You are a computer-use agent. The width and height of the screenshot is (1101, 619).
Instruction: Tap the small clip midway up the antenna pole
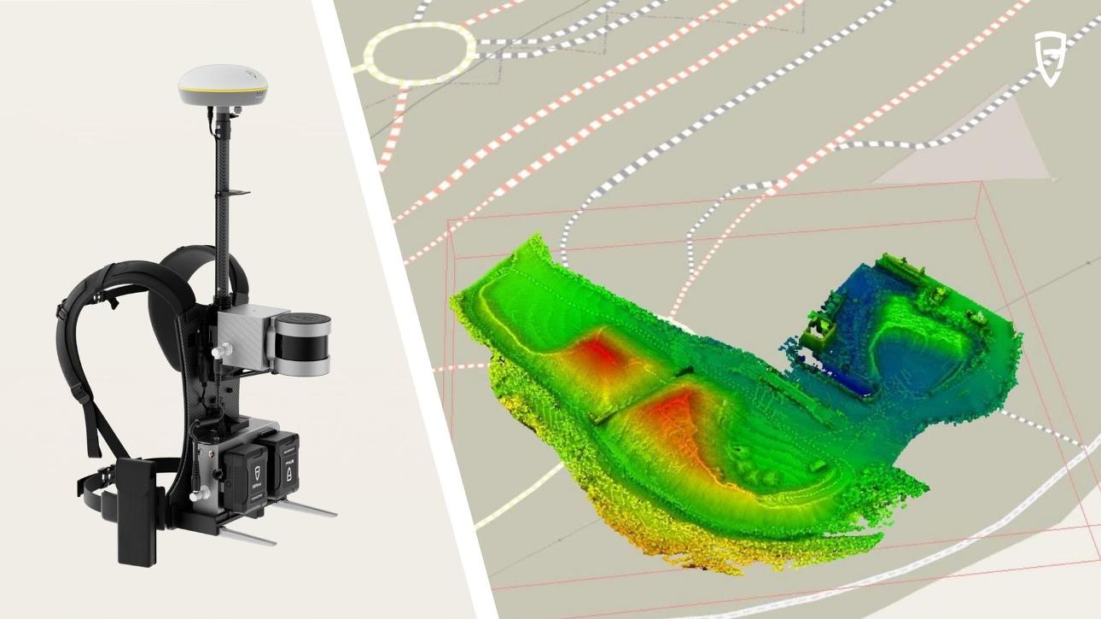(238, 194)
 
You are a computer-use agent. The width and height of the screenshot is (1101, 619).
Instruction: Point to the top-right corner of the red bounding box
(982, 182)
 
